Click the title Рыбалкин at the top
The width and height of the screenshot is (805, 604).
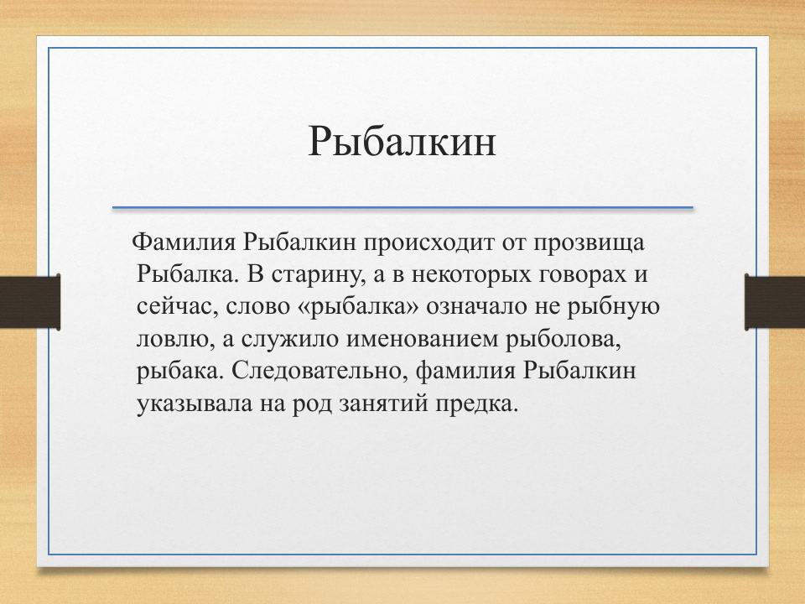coord(402,141)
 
